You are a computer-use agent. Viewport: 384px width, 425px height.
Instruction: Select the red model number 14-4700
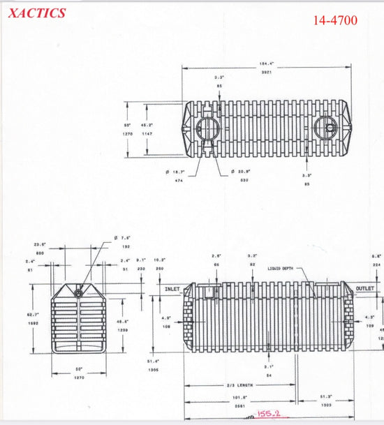tap(335, 20)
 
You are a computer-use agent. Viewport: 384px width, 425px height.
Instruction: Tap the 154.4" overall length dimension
tap(267, 64)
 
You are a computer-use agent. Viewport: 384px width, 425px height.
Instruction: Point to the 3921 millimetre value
tap(267, 72)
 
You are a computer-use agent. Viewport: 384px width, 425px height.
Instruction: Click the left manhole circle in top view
tap(208, 130)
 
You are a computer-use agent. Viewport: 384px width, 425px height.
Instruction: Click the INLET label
tap(172, 289)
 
